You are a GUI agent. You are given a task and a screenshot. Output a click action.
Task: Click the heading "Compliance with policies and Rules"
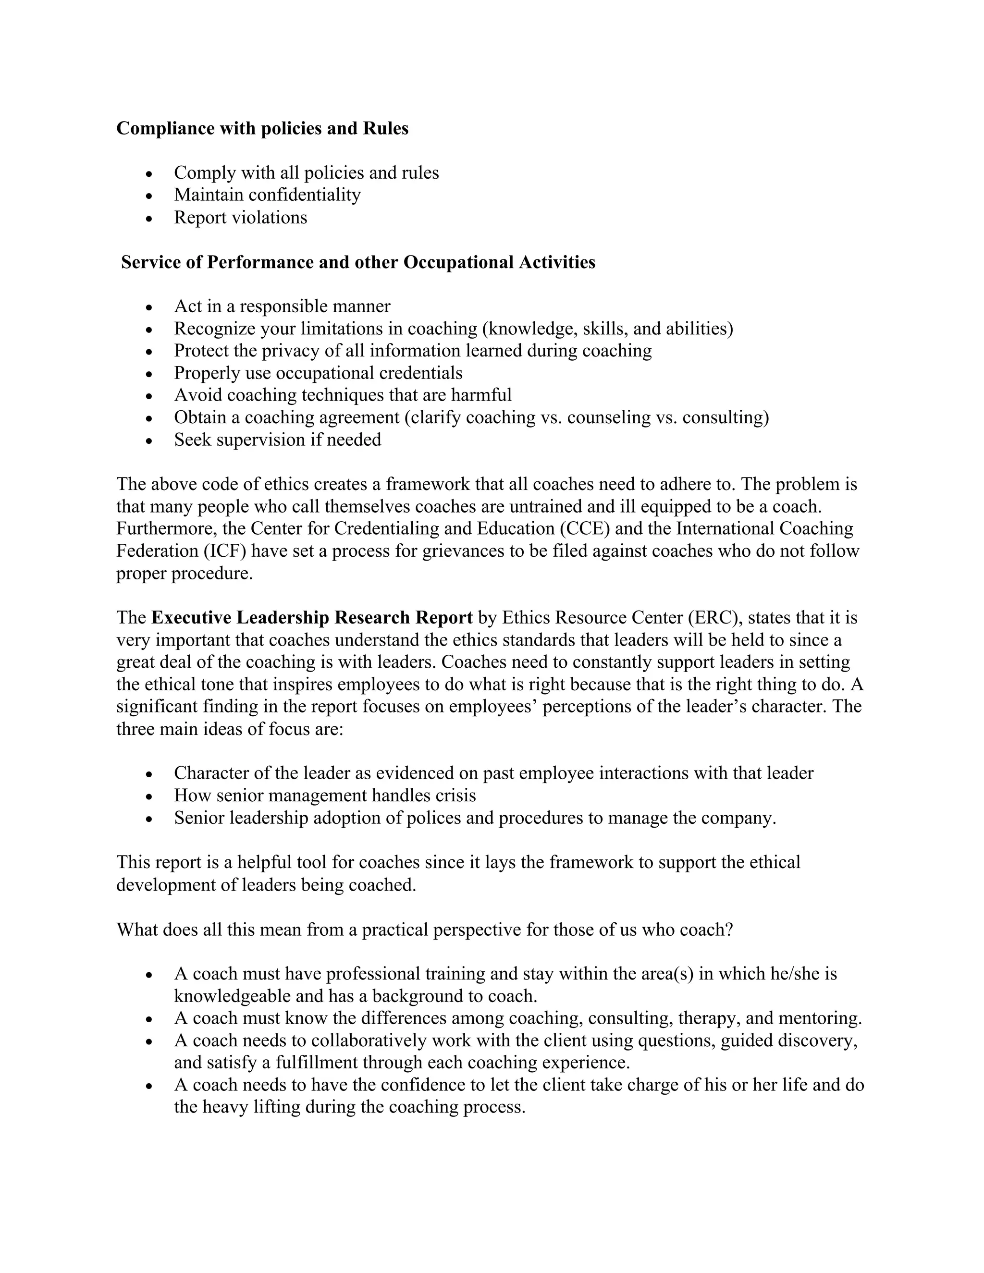[x=262, y=128]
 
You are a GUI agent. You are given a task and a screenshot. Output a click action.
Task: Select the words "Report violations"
[x=240, y=218]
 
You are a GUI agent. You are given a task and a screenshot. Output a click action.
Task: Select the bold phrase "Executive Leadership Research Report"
[x=312, y=618]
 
